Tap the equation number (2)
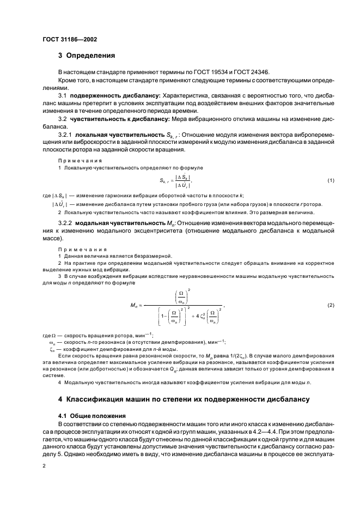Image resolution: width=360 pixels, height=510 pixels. pyautogui.click(x=330, y=305)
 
